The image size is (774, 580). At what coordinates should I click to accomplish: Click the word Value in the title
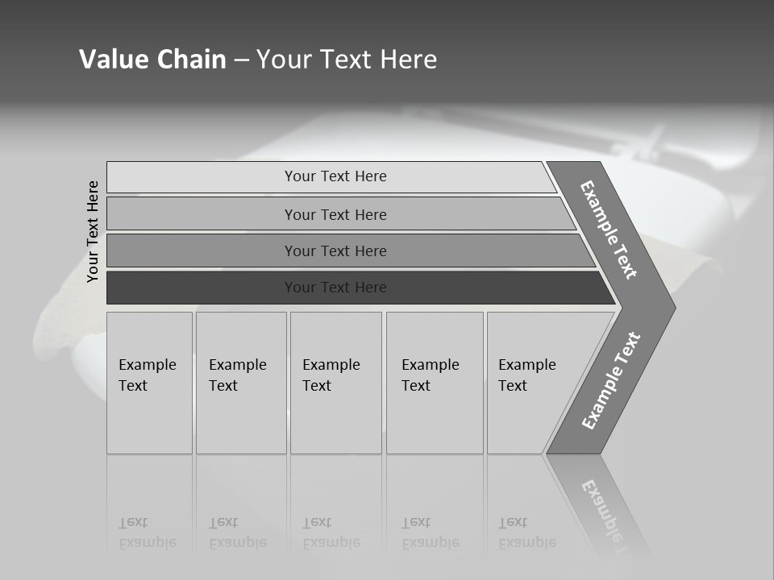112,60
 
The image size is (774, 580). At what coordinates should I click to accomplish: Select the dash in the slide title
241,60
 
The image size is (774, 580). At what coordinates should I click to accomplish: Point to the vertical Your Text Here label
93,232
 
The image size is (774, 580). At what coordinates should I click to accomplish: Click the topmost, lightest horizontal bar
202,177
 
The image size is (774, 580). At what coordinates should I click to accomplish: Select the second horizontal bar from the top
202,214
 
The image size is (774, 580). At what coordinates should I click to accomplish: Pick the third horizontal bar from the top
202,251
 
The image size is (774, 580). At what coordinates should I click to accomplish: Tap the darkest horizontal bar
202,288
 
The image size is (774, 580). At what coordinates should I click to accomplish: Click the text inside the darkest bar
335,288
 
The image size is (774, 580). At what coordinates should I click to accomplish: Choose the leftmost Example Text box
149,383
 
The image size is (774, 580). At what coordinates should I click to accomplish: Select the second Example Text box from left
240,383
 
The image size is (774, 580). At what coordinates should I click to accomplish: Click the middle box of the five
335,383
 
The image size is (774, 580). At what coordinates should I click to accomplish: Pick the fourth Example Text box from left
435,383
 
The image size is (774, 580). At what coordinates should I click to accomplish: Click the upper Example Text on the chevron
609,230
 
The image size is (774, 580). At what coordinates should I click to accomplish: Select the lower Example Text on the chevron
610,381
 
